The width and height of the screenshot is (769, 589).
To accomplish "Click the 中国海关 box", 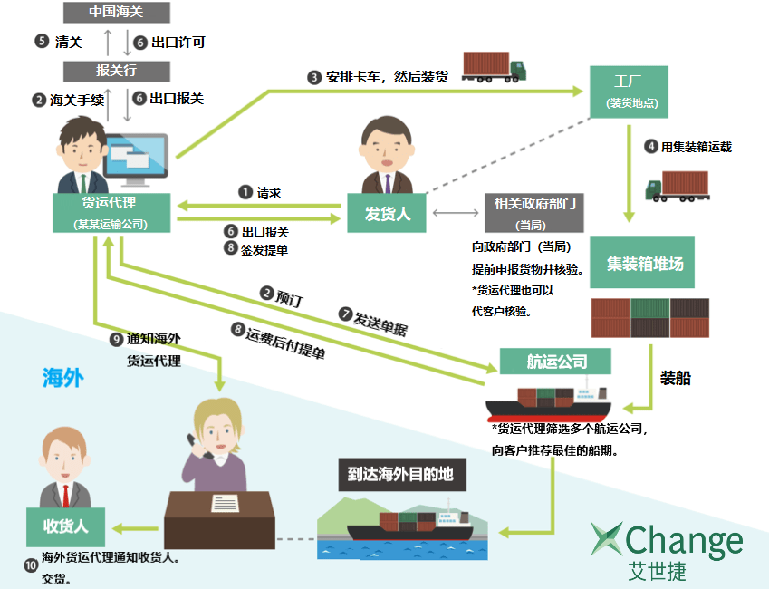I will tap(117, 13).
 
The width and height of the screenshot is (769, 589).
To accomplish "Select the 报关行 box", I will tap(117, 70).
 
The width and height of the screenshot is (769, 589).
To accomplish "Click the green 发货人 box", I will tap(387, 213).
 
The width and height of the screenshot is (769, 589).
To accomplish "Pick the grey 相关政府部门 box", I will tap(530, 213).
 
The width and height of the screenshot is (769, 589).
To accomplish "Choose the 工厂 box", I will tap(629, 91).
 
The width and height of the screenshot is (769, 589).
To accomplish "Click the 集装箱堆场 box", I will tap(644, 264).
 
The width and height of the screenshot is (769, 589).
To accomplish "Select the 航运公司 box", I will tap(556, 362).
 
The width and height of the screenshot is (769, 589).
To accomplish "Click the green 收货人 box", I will tap(64, 526).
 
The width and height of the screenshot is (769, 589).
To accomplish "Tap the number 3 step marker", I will tap(314, 78).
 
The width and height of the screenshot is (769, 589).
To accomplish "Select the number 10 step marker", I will tap(31, 565).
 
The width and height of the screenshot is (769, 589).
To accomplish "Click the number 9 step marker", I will tap(115, 339).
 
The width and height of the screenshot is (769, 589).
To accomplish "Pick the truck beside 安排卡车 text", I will tap(495, 67).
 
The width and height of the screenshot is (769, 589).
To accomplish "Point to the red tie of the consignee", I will tap(64, 494).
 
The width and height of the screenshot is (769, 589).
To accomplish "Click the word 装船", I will tap(676, 378).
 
